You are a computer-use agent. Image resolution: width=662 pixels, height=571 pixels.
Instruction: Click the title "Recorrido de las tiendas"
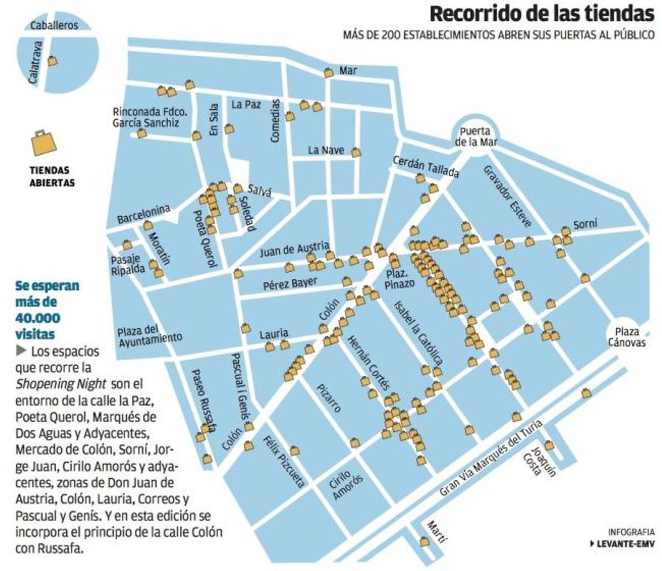pyautogui.click(x=541, y=13)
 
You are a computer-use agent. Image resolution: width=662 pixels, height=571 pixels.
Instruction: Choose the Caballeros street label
pyautogui.click(x=54, y=25)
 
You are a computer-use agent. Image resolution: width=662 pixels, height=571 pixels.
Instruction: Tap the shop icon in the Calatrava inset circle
pyautogui.click(x=52, y=61)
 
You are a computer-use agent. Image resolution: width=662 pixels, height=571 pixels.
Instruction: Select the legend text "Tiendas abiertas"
pyautogui.click(x=52, y=176)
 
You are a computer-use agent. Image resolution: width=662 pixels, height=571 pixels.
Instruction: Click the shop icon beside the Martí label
pyautogui.click(x=425, y=542)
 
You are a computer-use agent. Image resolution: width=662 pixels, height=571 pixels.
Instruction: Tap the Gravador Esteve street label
pyautogui.click(x=507, y=195)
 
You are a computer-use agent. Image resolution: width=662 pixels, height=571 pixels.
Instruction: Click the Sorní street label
pyautogui.click(x=585, y=224)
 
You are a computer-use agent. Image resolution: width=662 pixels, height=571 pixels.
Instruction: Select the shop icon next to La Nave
pyautogui.click(x=356, y=152)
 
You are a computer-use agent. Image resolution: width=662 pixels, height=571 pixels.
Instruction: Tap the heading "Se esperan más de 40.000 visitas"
pyautogui.click(x=47, y=310)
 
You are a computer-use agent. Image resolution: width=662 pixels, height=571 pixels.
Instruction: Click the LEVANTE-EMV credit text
pyautogui.click(x=623, y=543)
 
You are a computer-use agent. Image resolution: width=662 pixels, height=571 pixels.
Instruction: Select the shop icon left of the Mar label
pyautogui.click(x=329, y=72)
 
